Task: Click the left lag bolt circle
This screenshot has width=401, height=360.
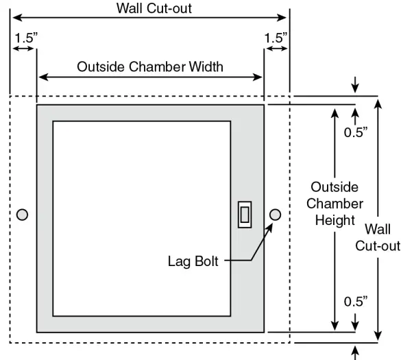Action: (x=23, y=215)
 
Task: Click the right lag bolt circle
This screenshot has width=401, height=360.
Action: (x=276, y=215)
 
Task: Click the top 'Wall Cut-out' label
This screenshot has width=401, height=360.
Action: (x=149, y=8)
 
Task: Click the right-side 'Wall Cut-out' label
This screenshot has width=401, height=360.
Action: (x=378, y=237)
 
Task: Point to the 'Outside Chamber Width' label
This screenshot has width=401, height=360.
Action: (x=150, y=67)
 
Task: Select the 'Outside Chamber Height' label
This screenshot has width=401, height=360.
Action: (x=335, y=203)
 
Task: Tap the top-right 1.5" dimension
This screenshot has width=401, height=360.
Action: (x=276, y=38)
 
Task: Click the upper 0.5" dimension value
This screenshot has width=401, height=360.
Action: (x=356, y=132)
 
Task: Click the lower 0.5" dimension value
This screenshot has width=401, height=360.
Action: (x=356, y=300)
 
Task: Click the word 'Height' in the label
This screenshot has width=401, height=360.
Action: (x=335, y=220)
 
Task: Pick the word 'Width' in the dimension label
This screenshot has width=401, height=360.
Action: (x=206, y=67)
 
